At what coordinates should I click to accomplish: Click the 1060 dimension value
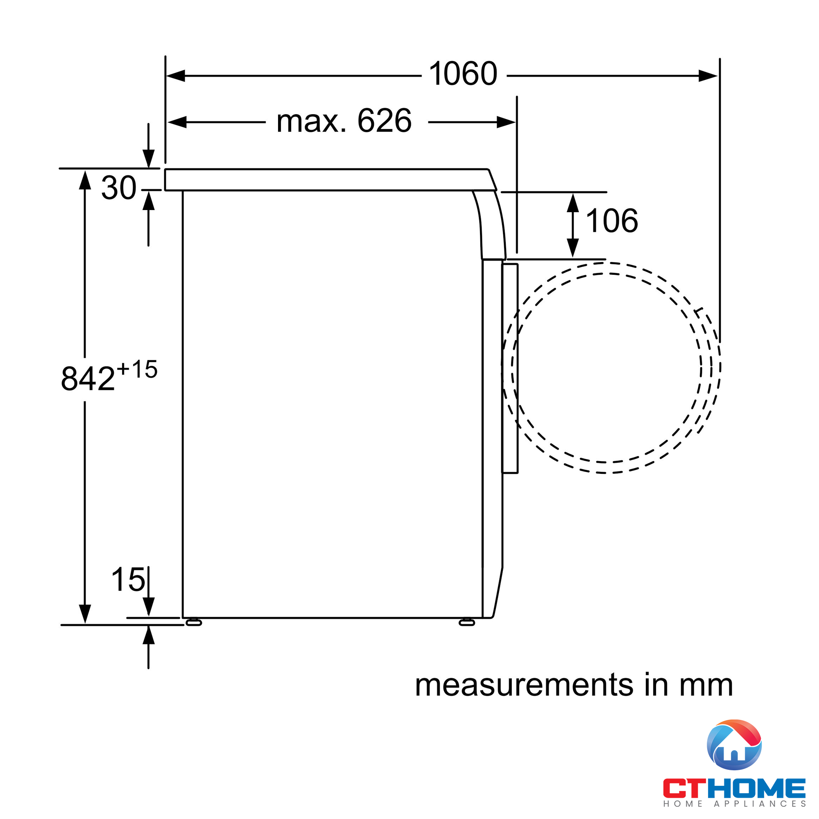point(463,74)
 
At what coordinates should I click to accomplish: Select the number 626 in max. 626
point(385,121)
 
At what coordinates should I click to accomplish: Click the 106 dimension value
point(611,220)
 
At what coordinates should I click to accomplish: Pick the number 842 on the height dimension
point(88,378)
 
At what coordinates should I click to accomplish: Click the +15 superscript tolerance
point(137,369)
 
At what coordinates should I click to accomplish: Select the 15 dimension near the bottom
point(128,580)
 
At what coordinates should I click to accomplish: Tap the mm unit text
point(706,685)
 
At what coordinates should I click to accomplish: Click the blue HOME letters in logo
point(762,788)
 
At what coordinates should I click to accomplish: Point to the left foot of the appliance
point(194,623)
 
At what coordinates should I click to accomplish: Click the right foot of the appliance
point(467,623)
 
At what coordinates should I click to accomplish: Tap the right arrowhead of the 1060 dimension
point(708,76)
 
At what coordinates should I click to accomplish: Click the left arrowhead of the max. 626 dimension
point(177,122)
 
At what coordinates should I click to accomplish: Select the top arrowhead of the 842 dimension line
point(85,180)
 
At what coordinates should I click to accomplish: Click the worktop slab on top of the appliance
point(326,180)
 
